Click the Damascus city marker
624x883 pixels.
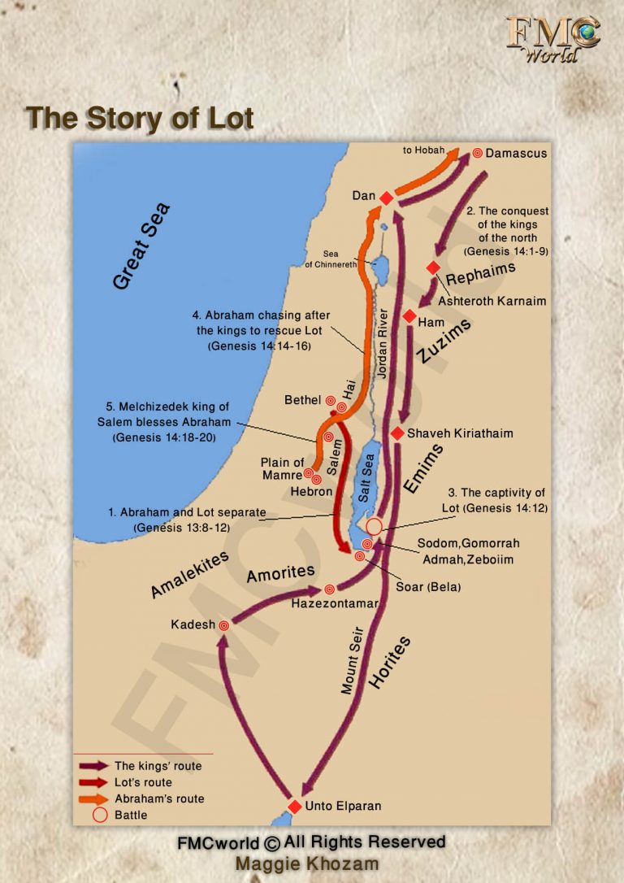pyautogui.click(x=478, y=153)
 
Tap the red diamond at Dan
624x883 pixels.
pyautogui.click(x=387, y=198)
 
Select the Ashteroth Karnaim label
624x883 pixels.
pyautogui.click(x=492, y=301)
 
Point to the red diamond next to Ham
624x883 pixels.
pyautogui.click(x=409, y=317)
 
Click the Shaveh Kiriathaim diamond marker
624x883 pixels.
pyautogui.click(x=397, y=433)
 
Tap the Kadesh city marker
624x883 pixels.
pyautogui.click(x=224, y=625)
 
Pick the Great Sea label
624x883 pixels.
pyautogui.click(x=143, y=247)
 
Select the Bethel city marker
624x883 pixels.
pyautogui.click(x=331, y=401)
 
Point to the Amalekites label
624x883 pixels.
pyautogui.click(x=189, y=574)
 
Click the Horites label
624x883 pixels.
pyautogui.click(x=391, y=663)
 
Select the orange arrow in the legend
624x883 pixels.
pyautogui.click(x=93, y=798)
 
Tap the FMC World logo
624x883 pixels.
pyautogui.click(x=552, y=38)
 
